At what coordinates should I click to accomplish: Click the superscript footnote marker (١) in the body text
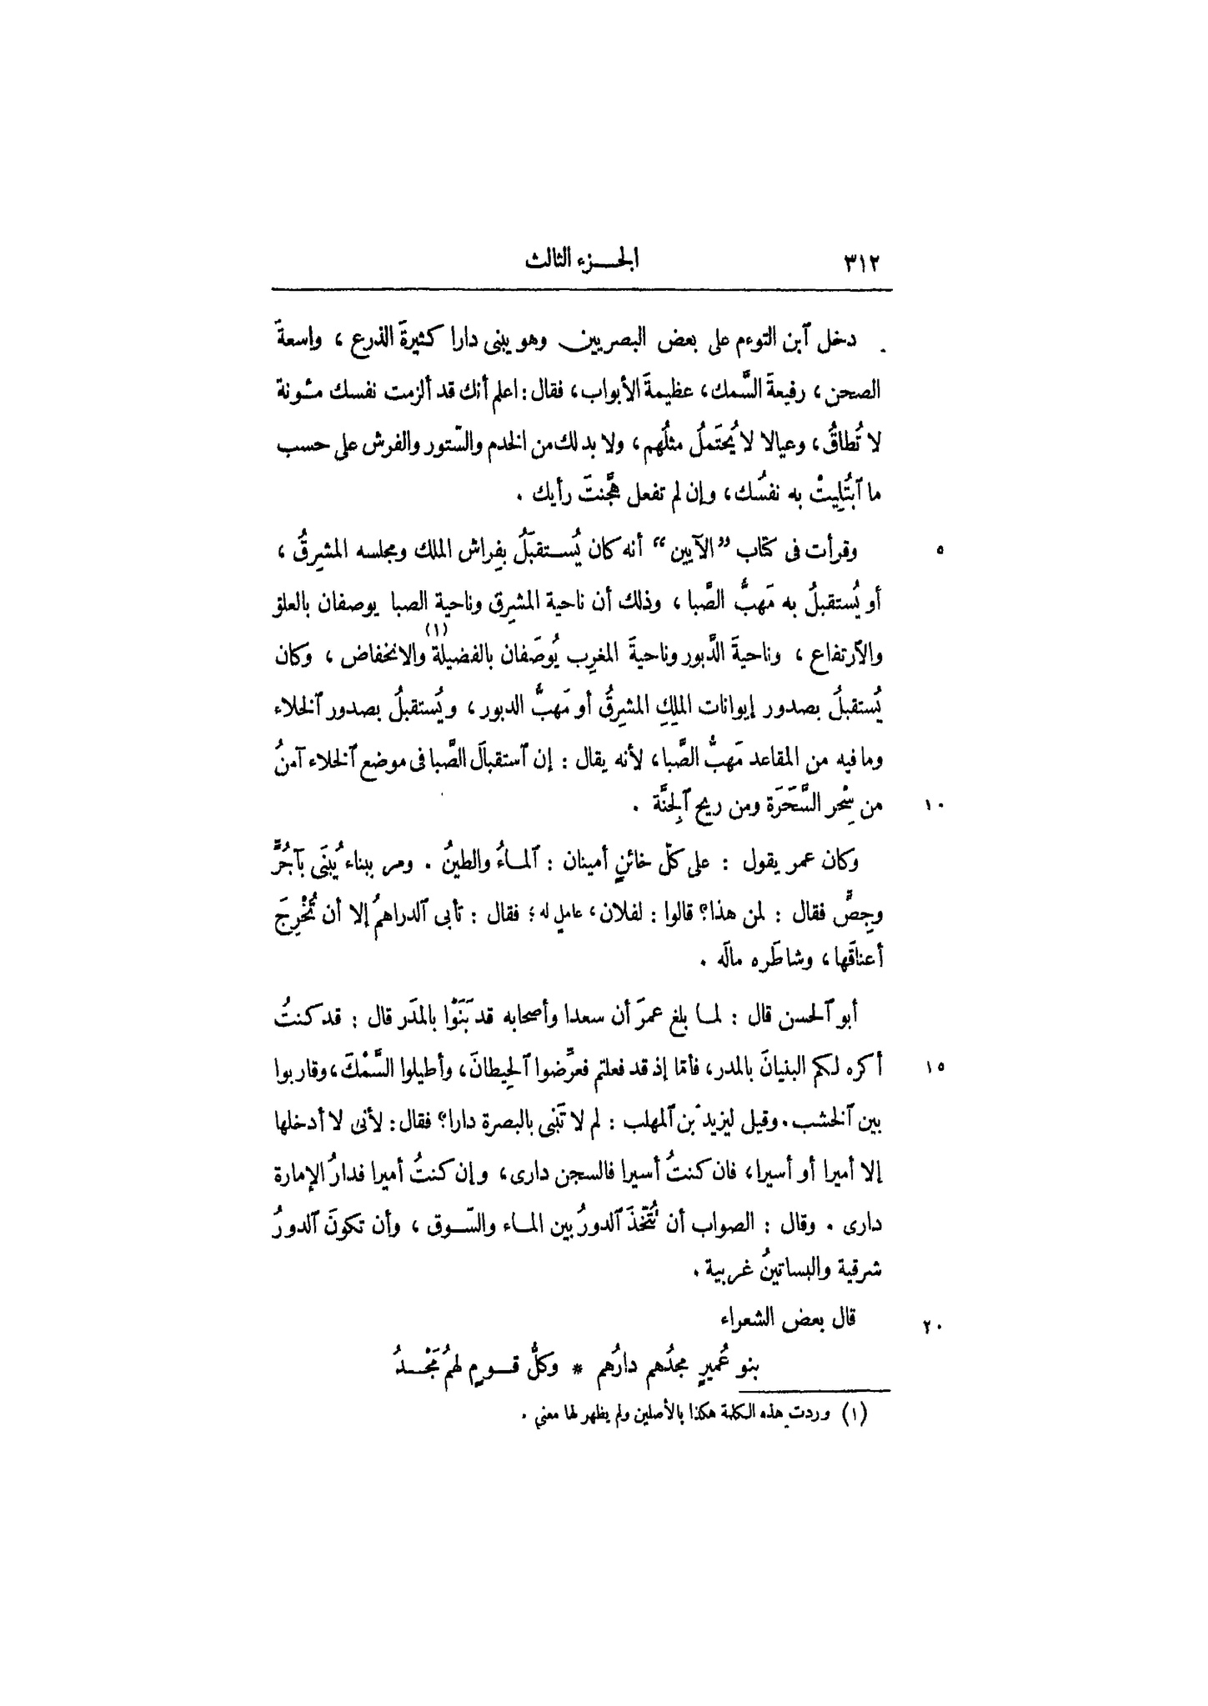(x=439, y=628)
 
